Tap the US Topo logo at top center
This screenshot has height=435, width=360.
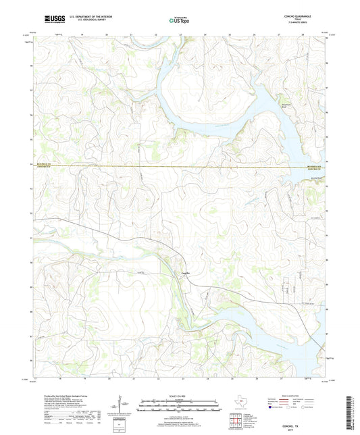(x=178, y=21)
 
